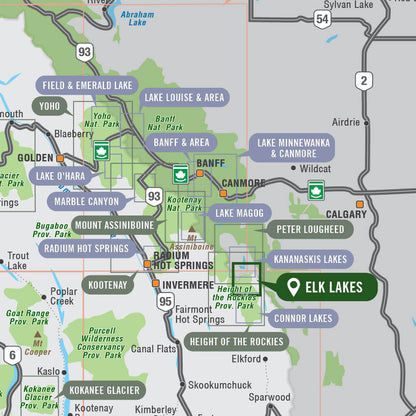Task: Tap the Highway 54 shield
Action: click(321, 19)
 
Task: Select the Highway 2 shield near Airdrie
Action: click(363, 80)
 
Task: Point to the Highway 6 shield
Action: click(11, 355)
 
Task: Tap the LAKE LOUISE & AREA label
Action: click(183, 97)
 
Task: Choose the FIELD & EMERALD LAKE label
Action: click(87, 86)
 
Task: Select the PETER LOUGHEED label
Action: click(309, 229)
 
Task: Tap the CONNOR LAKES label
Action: click(303, 318)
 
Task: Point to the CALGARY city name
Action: click(346, 214)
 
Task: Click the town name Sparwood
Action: click(270, 397)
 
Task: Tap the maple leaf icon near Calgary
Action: click(317, 191)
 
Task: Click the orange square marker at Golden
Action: click(60, 158)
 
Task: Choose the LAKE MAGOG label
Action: click(237, 213)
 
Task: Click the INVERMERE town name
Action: click(188, 284)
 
